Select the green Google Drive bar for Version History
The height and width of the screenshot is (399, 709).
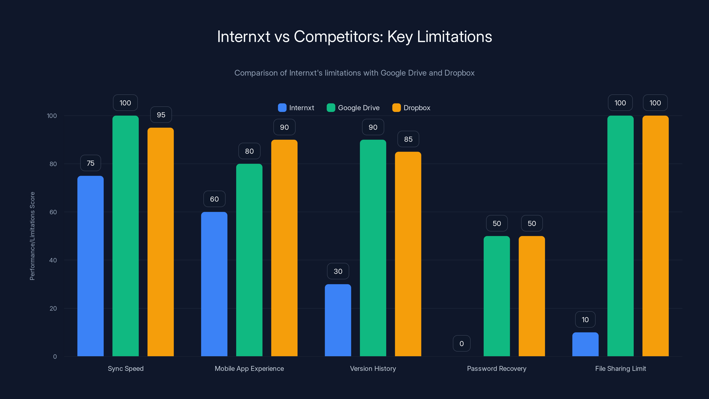tap(373, 248)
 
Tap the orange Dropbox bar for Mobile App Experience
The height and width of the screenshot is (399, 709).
tap(284, 248)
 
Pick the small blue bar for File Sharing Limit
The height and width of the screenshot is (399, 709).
tap(585, 344)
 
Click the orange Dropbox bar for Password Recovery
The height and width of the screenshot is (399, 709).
tap(532, 296)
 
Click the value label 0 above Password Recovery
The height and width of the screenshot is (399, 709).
tap(462, 343)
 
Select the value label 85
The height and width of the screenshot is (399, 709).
tap(408, 139)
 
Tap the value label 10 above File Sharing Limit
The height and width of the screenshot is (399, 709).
tap(585, 319)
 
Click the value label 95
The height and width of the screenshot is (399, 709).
tap(161, 115)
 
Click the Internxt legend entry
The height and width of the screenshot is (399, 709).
tap(296, 108)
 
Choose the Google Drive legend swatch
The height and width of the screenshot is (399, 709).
tap(331, 108)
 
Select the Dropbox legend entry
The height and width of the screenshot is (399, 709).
tap(411, 108)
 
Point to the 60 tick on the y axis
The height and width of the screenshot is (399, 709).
tap(53, 212)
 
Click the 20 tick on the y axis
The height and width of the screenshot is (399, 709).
tap(53, 308)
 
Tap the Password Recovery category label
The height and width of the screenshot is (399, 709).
tap(497, 368)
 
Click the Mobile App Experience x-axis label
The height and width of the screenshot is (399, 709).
tap(249, 368)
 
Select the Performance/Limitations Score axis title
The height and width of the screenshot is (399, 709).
tap(32, 236)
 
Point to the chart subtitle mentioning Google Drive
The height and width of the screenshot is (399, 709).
tap(354, 73)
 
